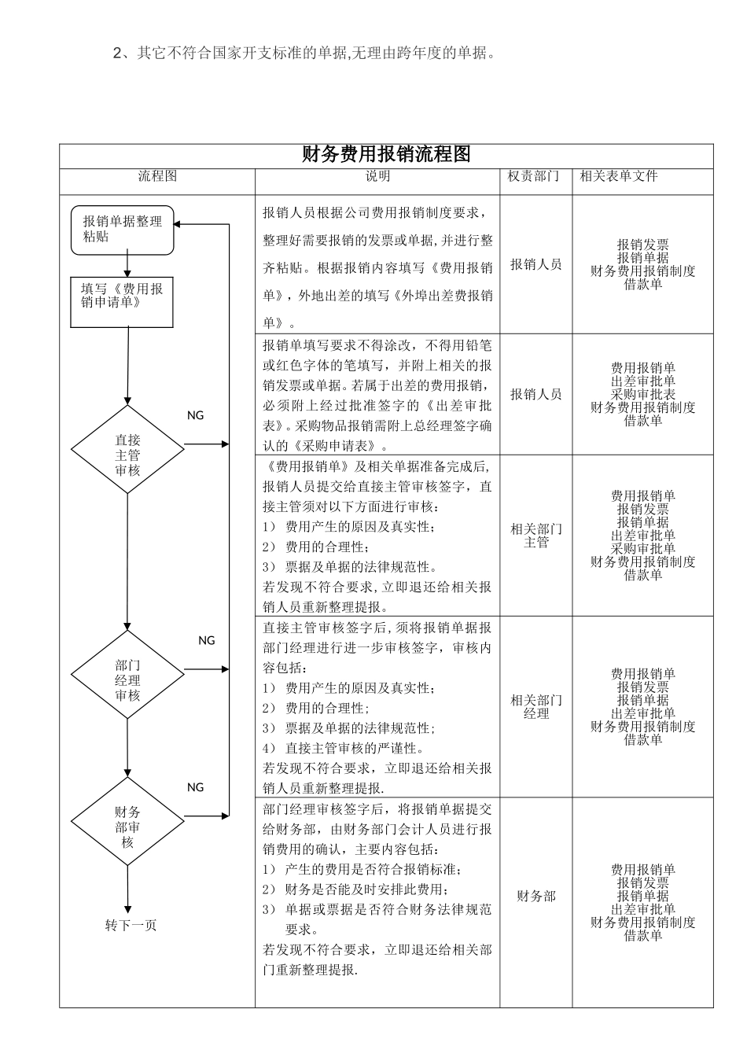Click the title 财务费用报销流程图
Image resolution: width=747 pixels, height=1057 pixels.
pos(386,154)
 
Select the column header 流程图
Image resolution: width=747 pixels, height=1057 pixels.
pos(157,176)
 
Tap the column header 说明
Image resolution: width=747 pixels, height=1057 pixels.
pos(377,176)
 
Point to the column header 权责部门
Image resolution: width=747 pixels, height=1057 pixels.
pos(534,176)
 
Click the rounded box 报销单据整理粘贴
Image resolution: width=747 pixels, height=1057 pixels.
pos(123,230)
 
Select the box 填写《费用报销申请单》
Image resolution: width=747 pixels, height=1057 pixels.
pos(122,302)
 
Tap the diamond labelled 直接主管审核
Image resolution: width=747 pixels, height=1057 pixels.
pos(127,449)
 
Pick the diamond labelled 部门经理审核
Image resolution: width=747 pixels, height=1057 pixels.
pos(127,675)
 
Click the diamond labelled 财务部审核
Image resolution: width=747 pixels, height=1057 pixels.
pos(127,822)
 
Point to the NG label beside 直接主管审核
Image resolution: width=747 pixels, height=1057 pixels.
pos(195,415)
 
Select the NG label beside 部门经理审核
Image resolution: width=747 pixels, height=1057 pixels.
pos(206,641)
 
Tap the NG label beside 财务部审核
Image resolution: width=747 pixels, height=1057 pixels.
pos(195,787)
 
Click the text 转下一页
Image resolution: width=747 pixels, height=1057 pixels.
pos(131,925)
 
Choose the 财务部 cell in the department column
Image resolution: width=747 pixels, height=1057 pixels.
pos(536,897)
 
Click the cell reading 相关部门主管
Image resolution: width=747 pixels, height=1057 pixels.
pos(536,536)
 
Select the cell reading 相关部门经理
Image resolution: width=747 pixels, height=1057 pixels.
pos(536,707)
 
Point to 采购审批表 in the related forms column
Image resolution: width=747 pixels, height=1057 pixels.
pos(643,395)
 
